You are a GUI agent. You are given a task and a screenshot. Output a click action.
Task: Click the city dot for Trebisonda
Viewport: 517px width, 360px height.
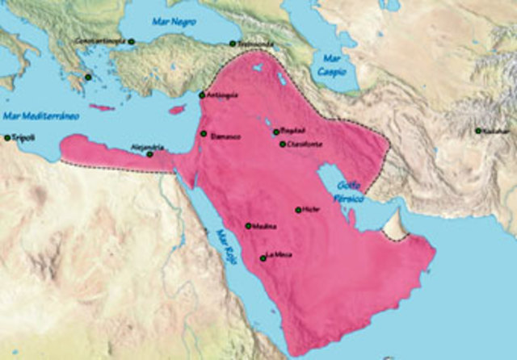pyautogui.click(x=232, y=44)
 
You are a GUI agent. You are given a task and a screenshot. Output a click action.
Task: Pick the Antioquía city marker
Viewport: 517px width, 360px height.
pyautogui.click(x=202, y=95)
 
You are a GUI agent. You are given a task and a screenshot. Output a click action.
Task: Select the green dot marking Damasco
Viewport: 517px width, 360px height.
pyautogui.click(x=204, y=134)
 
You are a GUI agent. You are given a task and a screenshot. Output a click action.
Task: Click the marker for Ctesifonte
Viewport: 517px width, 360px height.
pyautogui.click(x=282, y=144)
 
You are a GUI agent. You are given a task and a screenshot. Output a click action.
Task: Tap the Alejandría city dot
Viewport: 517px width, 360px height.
pyautogui.click(x=150, y=153)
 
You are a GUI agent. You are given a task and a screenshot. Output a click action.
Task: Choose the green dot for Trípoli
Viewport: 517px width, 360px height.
pyautogui.click(x=6, y=138)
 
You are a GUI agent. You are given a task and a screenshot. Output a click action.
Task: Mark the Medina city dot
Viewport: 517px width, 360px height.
pyautogui.click(x=248, y=226)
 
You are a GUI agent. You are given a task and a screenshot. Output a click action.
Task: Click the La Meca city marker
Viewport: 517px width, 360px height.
pyautogui.click(x=263, y=258)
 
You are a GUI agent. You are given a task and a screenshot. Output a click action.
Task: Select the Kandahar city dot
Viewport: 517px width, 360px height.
pyautogui.click(x=478, y=130)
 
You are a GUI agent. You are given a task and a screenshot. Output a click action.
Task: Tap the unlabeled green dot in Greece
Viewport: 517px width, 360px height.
pyautogui.click(x=89, y=77)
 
